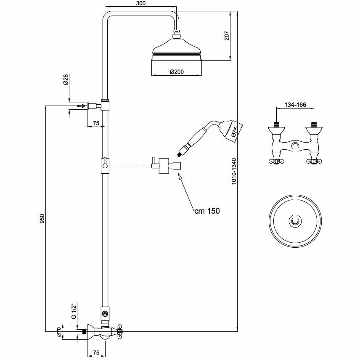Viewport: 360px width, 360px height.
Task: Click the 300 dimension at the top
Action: (141, 3)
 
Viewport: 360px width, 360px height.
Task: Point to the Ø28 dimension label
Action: (66, 79)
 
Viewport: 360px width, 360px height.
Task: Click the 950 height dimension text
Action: (42, 219)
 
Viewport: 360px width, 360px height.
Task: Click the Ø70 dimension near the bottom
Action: (59, 332)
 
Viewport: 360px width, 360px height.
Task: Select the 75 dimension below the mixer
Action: (96, 352)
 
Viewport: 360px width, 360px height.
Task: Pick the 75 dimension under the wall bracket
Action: (96, 123)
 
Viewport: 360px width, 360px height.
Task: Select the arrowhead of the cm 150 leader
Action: (179, 178)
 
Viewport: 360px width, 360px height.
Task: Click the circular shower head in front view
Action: (295, 220)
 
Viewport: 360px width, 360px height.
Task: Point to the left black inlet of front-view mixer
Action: (276, 124)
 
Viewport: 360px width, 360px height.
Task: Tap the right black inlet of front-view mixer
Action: (313, 124)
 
